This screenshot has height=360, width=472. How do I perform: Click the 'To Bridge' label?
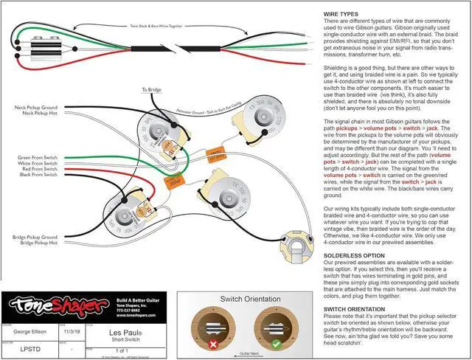click(x=152, y=91)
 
